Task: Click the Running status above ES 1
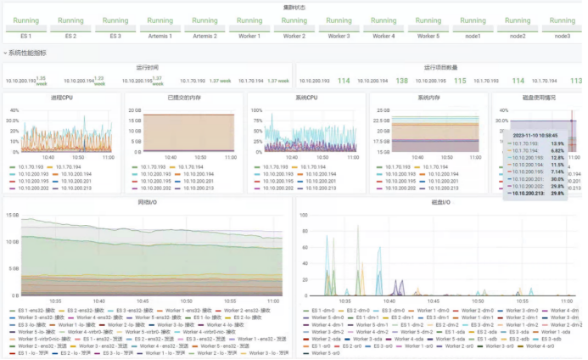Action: tap(26, 20)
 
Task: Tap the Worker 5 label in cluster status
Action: tap(428, 36)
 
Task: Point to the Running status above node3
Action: tap(562, 20)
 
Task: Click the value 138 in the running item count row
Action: tap(402, 81)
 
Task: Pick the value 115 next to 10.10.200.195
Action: tap(460, 81)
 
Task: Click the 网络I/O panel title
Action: tap(147, 204)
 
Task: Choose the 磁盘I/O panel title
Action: tap(440, 204)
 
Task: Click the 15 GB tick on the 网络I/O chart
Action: tap(12, 215)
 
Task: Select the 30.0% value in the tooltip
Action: tap(557, 179)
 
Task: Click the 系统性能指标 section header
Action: tap(27, 53)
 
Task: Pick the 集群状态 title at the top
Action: tap(294, 6)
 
